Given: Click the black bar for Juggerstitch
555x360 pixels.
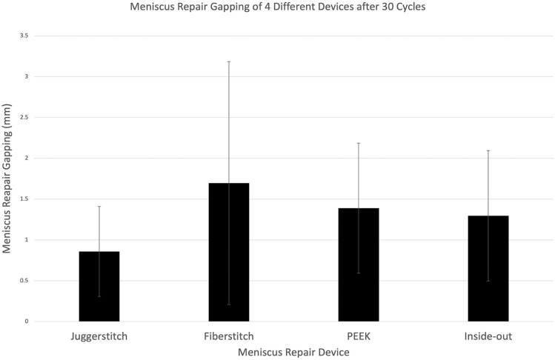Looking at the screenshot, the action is pos(99,287).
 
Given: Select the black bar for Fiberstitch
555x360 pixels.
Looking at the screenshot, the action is pos(229,252).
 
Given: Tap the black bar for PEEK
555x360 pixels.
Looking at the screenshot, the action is pos(359,264).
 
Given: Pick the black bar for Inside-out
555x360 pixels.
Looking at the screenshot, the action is pos(488,269).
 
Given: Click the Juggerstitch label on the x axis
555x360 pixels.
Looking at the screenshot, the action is pos(99,336).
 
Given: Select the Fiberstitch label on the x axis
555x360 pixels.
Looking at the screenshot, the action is pos(229,336).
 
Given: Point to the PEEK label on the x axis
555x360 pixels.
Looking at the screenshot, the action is pos(359,336).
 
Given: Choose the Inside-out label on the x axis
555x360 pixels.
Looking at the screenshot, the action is pos(488,336).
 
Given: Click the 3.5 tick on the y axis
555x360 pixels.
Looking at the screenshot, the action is pos(24,36).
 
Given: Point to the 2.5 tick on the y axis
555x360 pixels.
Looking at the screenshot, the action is pos(24,118).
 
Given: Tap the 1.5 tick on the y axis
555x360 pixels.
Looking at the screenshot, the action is pos(24,199).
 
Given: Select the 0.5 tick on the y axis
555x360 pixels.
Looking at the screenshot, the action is pos(24,281).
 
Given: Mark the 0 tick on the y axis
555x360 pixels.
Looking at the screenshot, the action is pos(27,321).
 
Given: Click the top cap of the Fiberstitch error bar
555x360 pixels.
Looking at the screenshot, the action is pos(229,61).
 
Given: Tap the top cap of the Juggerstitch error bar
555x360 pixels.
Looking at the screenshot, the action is pos(99,206).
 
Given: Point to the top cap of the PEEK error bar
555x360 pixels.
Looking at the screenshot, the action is pos(359,143).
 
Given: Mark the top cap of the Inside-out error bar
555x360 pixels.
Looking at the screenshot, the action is pos(488,150).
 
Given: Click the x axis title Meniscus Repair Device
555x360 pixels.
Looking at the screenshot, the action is pos(293,352).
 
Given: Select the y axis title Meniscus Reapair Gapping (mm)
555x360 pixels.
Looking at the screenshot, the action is pos(7,179).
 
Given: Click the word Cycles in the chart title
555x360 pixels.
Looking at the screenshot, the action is pos(410,7).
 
